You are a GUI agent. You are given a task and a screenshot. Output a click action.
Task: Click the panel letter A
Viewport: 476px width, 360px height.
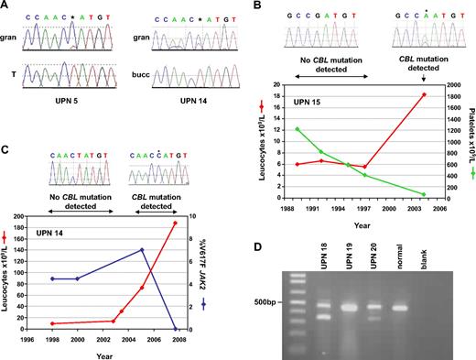[x=7, y=7]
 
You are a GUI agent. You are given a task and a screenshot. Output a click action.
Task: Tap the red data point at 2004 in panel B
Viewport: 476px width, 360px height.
[x=424, y=95]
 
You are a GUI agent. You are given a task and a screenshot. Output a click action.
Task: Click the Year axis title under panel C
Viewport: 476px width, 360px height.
[x=103, y=354]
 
